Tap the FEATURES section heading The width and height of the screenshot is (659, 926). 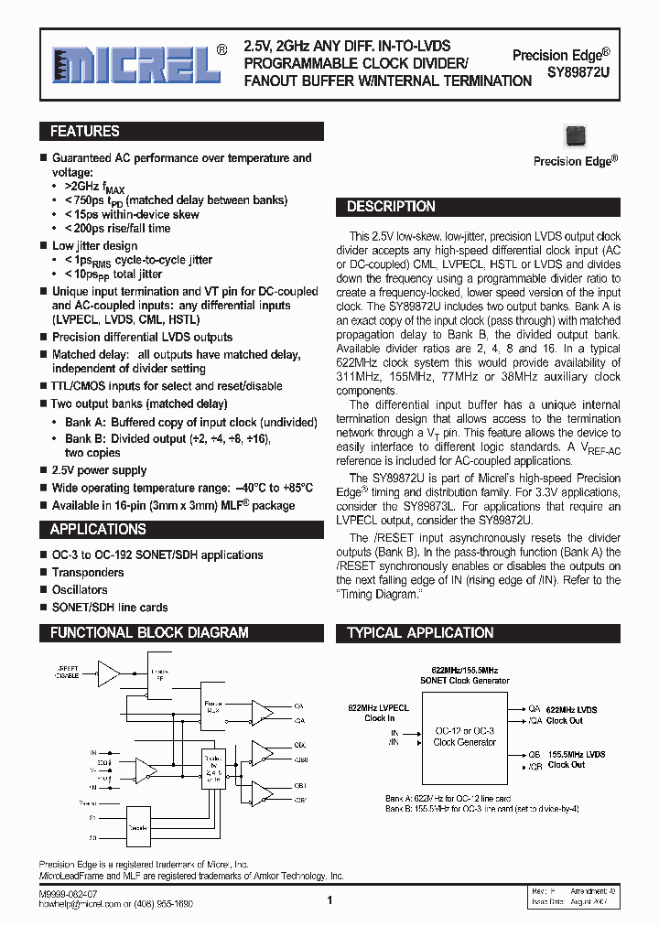pos(84,132)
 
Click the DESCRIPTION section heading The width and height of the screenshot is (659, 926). pos(391,207)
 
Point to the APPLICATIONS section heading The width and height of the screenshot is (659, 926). pos(97,529)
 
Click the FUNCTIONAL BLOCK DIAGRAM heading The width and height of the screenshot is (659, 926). pos(149,632)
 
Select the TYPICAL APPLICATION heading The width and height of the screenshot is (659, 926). pos(420,632)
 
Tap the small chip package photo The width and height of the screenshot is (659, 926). pos(576,135)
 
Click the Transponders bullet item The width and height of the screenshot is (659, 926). pos(88,573)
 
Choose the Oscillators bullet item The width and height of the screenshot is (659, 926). pos(80,590)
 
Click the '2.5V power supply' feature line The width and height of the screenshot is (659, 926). pos(99,470)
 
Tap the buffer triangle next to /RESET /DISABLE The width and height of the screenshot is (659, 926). pos(109,673)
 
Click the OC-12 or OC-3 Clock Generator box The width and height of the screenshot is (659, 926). pos(464,737)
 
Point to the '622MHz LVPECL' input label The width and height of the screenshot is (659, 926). pos(378,708)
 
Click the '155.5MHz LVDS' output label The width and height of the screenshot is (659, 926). pos(577,754)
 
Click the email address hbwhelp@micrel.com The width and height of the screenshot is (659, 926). pos(74,903)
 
